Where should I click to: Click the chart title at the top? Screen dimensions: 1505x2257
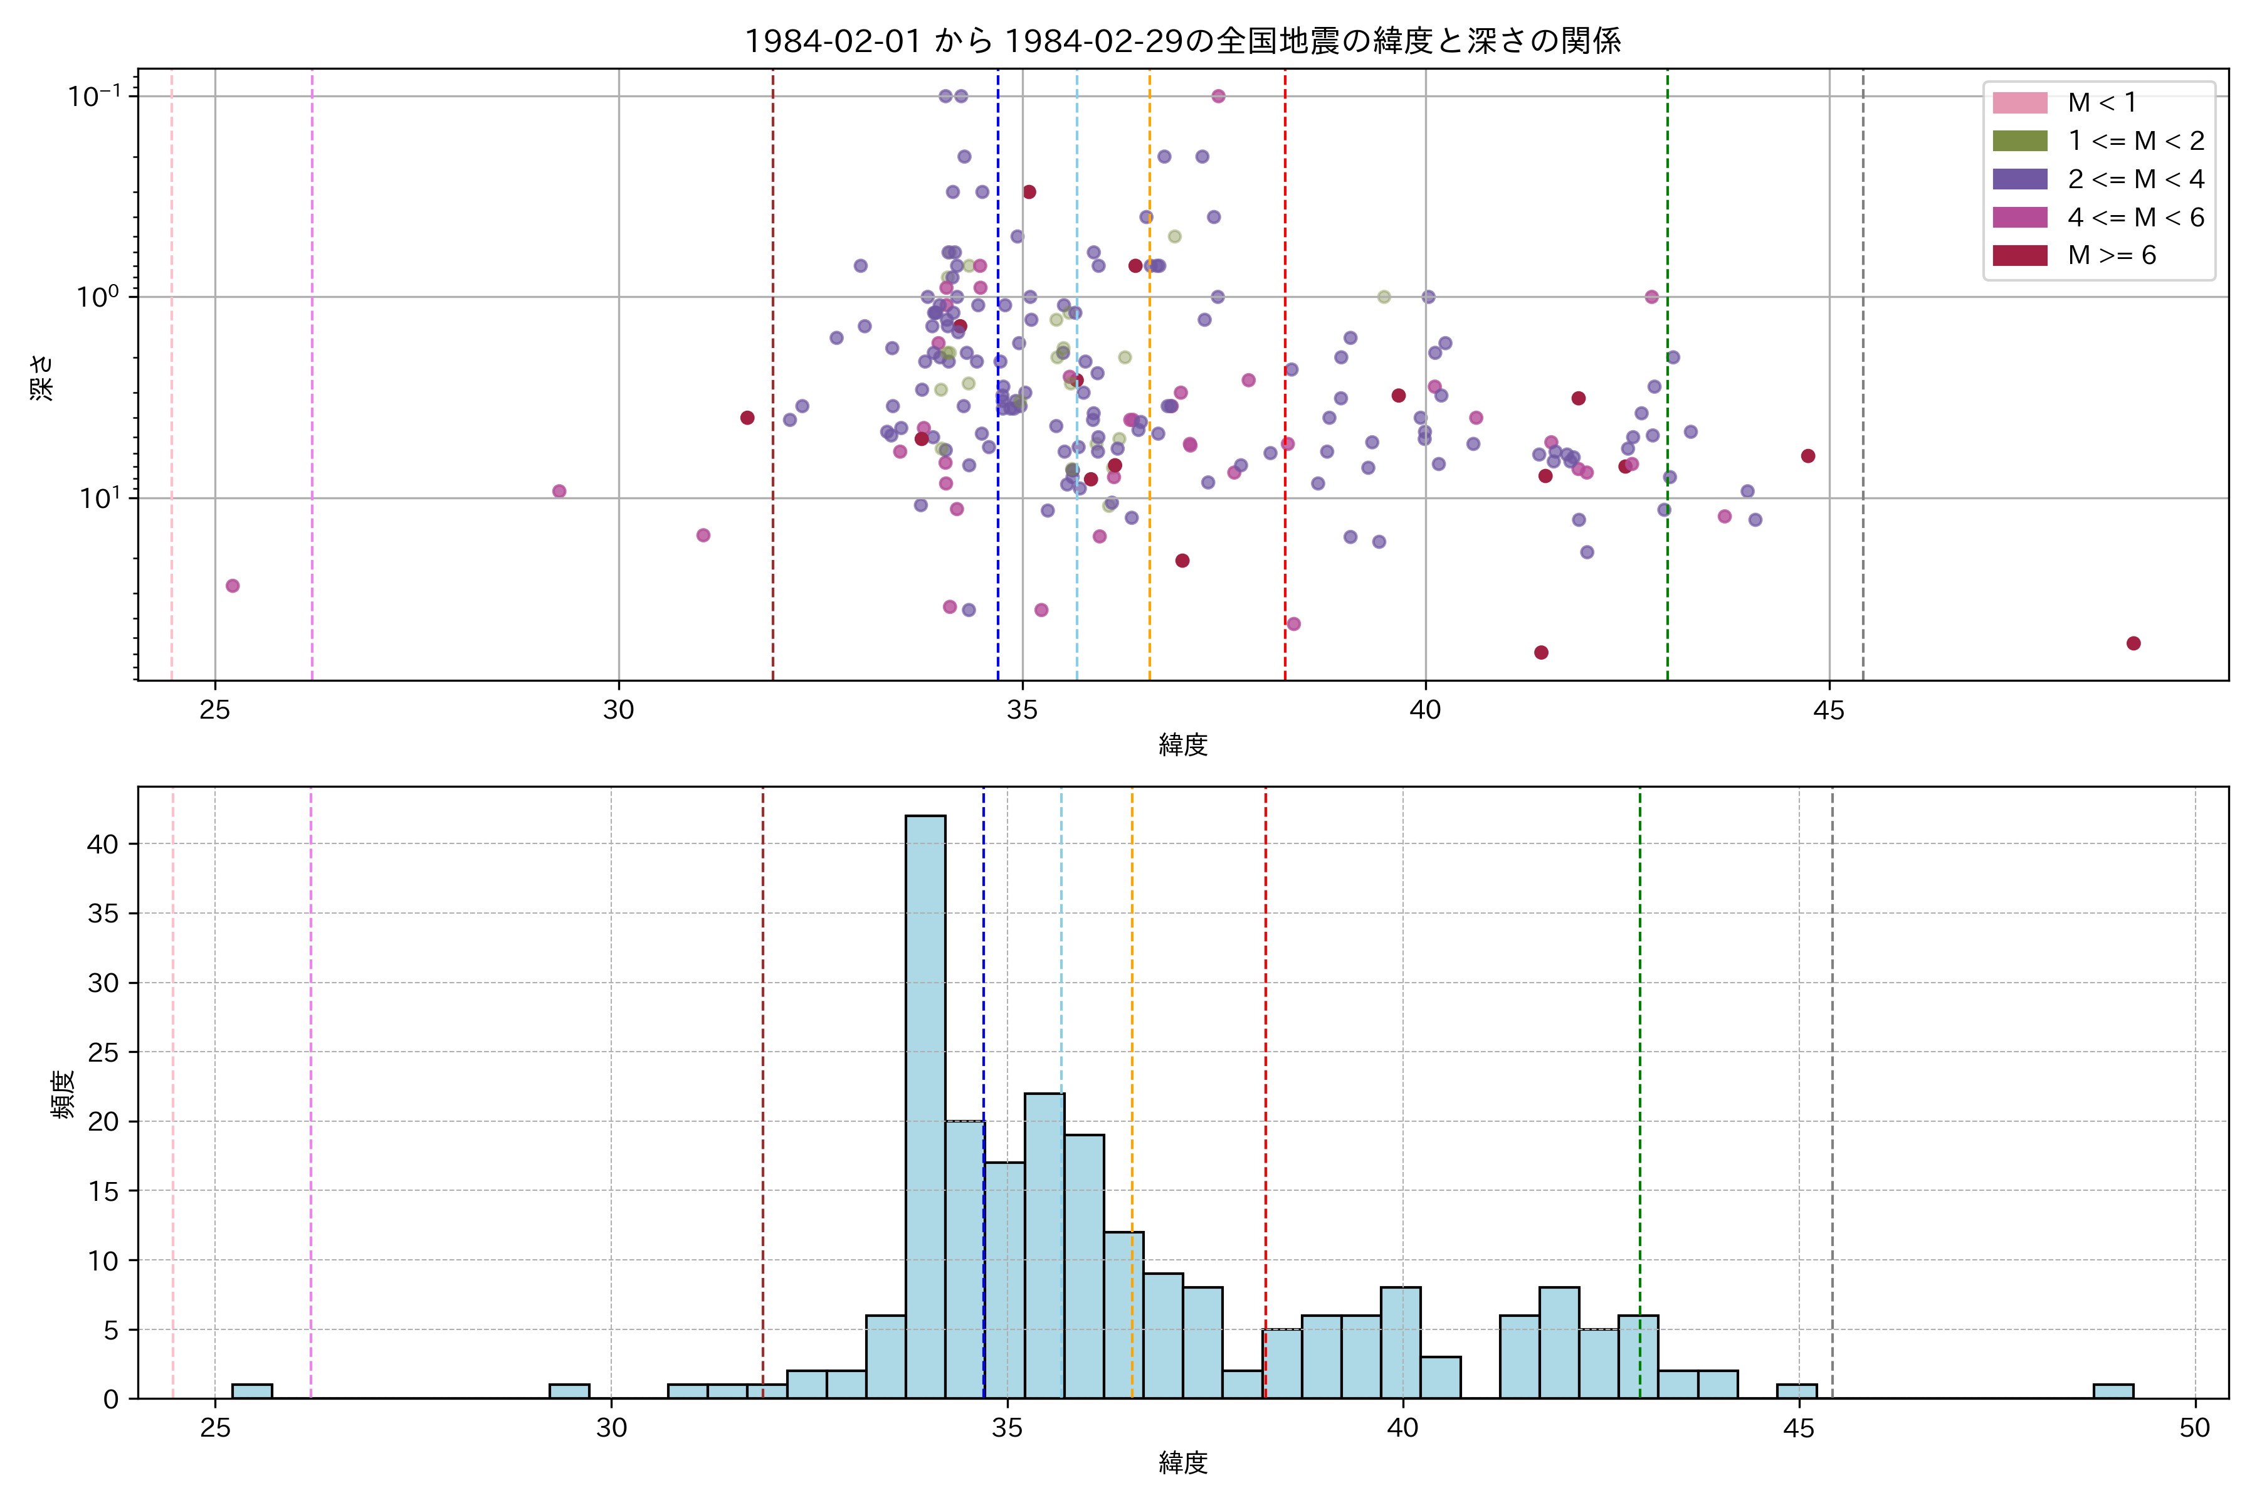(1182, 41)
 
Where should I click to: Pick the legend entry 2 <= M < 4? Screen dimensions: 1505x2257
(2135, 179)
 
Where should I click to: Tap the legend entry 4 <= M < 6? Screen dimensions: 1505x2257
(2135, 218)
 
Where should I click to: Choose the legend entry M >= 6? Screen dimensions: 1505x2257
(2111, 255)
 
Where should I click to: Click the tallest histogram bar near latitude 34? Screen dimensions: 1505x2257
(925, 1104)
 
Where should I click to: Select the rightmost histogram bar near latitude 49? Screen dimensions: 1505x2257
(2113, 1391)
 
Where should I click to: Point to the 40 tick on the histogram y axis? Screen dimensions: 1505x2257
(103, 845)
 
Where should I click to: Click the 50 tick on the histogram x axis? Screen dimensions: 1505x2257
(2195, 1428)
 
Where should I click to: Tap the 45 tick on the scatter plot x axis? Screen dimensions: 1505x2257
(1829, 710)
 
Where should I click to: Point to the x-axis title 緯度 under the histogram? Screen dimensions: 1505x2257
(1182, 1463)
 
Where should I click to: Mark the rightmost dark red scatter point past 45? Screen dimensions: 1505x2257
(2133, 643)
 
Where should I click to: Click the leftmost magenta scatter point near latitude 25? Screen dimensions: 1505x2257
(232, 586)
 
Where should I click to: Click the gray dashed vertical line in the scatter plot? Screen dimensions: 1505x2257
(1863, 384)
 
